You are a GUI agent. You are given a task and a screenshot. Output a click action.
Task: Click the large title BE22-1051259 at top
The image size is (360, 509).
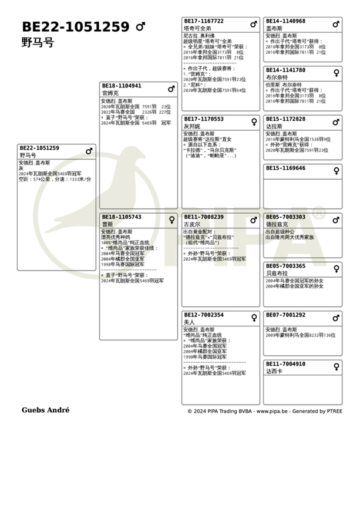[x=76, y=27]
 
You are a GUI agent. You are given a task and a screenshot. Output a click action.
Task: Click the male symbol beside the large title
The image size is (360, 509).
[x=140, y=27]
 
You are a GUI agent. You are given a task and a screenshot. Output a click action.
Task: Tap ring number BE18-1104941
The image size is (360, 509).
[x=122, y=86]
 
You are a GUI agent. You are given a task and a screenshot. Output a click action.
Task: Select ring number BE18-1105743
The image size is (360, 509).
[x=122, y=217]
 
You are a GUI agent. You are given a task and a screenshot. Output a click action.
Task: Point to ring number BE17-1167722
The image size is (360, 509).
[x=204, y=21]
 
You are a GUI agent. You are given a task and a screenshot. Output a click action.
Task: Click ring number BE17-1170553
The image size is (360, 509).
[x=204, y=119]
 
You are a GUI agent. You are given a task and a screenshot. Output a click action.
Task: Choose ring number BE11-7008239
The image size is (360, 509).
[x=204, y=217]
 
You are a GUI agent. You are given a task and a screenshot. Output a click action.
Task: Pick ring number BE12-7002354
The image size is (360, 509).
[x=204, y=315]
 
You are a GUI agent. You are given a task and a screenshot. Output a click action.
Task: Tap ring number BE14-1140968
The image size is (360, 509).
[x=285, y=21]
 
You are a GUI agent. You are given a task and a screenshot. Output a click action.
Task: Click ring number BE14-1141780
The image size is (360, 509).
[x=285, y=70]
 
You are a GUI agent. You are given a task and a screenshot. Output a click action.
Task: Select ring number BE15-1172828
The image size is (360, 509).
[x=285, y=119]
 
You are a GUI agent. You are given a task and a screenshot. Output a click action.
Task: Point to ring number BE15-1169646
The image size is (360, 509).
[x=285, y=168]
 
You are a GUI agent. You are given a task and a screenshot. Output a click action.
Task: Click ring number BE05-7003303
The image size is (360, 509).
[x=285, y=217]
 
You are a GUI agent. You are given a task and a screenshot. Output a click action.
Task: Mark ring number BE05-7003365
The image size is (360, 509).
[x=285, y=266]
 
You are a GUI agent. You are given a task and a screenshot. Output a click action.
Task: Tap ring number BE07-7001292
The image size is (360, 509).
[x=285, y=315]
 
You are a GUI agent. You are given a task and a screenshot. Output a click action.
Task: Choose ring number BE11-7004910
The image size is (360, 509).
[x=285, y=364]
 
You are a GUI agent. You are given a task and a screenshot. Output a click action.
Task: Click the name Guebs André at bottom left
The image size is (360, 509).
[x=45, y=410]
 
